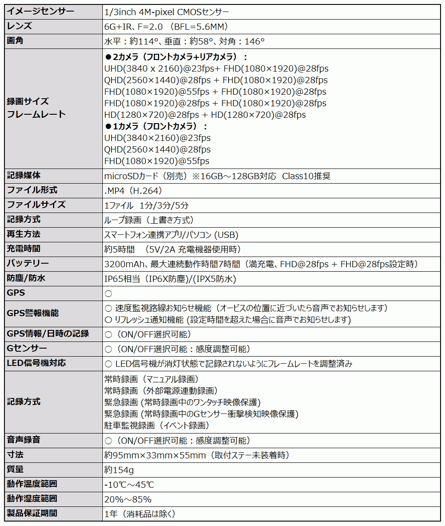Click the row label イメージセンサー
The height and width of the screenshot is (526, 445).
(x=40, y=12)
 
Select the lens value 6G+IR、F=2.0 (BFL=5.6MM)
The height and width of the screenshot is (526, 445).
(x=170, y=26)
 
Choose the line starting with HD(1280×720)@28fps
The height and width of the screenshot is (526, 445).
(x=205, y=115)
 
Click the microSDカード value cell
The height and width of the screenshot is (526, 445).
(x=217, y=176)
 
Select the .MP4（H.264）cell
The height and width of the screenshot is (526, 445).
(x=133, y=191)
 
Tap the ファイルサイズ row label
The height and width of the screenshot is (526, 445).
(x=36, y=205)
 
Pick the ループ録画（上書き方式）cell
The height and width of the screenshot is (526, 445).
(x=149, y=220)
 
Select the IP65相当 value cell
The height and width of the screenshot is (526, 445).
(x=170, y=279)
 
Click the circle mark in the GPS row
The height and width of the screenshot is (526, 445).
(x=108, y=294)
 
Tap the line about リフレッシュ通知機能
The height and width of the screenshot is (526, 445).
(x=227, y=320)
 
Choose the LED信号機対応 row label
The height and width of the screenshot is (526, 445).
(x=36, y=363)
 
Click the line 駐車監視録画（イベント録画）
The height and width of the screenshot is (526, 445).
(x=157, y=426)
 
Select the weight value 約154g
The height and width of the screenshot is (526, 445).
(x=119, y=470)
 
